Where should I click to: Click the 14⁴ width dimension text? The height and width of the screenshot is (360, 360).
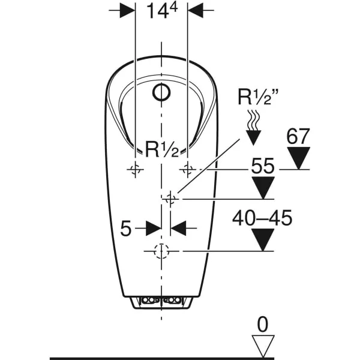[162, 10]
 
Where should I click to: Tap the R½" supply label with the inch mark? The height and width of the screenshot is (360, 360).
[258, 97]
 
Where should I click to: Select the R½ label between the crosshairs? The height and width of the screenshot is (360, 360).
[162, 149]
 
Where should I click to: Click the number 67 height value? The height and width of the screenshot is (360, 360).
[298, 136]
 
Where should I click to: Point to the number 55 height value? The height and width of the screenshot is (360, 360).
[263, 166]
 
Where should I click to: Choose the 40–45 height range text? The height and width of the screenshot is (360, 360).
[262, 218]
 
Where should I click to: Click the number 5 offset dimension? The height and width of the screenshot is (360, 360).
[126, 228]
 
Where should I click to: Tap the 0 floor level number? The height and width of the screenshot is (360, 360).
[263, 324]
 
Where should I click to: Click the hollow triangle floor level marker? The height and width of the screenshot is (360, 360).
[263, 346]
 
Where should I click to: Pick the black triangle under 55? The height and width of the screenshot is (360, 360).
[263, 188]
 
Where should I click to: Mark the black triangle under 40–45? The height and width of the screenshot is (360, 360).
[263, 239]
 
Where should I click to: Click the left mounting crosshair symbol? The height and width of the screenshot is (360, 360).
[136, 169]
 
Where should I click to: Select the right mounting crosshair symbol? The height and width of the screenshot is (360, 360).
[188, 169]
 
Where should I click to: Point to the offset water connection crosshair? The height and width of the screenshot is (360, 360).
[170, 199]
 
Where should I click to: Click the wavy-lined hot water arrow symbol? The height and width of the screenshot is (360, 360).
[253, 128]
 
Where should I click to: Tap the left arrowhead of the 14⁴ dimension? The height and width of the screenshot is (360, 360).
[127, 10]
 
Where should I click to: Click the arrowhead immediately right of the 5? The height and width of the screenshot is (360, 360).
[178, 228]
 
